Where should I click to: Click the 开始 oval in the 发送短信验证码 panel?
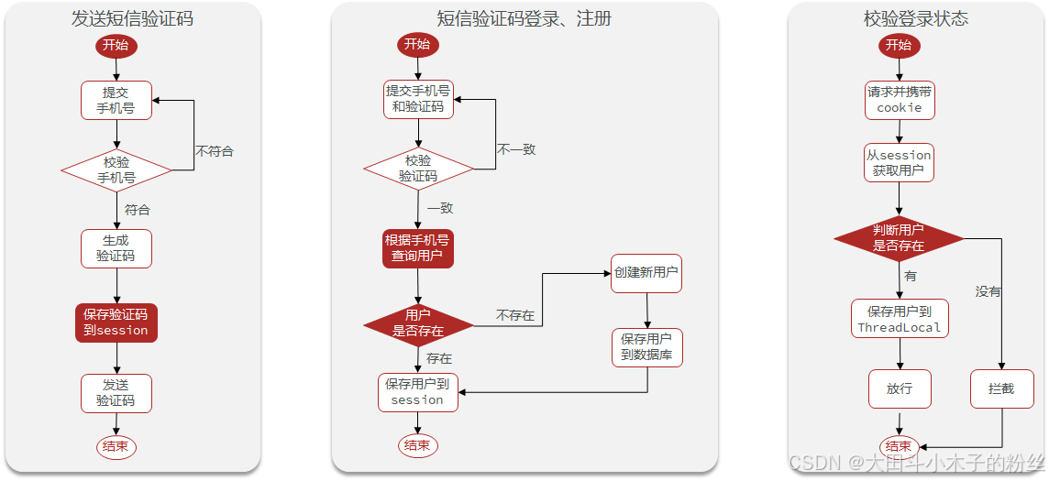(116, 46)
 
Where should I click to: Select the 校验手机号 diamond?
(116, 169)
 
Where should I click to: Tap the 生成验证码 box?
(116, 248)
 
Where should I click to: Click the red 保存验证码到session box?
(116, 322)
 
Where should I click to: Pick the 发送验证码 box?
(116, 393)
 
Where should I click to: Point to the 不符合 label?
(214, 151)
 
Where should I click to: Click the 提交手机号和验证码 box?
(418, 99)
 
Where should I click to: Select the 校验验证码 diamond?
(418, 169)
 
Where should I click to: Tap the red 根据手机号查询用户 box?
(418, 248)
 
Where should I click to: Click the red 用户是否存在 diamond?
(418, 323)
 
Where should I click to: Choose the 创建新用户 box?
(646, 273)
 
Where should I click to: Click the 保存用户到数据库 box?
(646, 346)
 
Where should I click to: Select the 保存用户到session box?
(417, 392)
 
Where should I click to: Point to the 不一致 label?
(516, 149)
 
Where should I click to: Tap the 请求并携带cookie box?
(899, 99)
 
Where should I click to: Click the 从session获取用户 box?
(899, 162)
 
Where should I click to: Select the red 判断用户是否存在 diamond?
(899, 238)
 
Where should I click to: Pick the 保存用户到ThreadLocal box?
(899, 319)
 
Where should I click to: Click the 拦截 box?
(1001, 388)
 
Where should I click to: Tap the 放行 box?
(899, 388)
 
